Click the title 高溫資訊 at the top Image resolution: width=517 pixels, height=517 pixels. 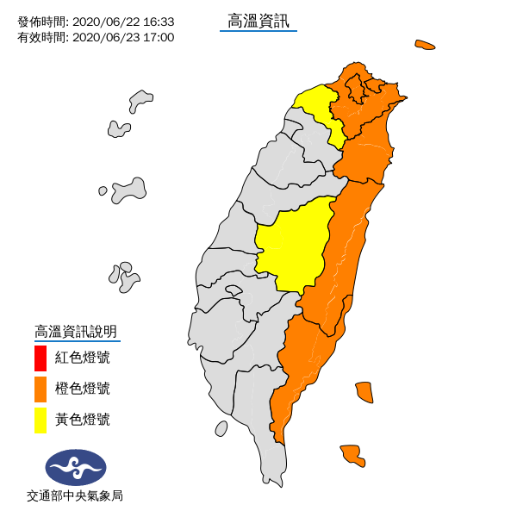258,19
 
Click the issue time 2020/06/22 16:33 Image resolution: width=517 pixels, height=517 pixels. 123,22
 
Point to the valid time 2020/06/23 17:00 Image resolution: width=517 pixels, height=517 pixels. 123,37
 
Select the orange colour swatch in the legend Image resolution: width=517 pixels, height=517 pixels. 40,389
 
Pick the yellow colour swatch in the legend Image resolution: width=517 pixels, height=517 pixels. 40,420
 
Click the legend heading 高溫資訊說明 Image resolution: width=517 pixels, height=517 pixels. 75,331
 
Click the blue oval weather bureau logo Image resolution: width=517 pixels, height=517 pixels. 76,467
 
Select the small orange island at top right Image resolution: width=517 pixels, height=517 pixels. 424,44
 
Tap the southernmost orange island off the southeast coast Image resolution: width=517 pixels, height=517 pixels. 352,454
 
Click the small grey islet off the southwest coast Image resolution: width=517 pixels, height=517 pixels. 221,427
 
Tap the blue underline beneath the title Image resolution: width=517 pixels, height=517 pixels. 258,32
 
